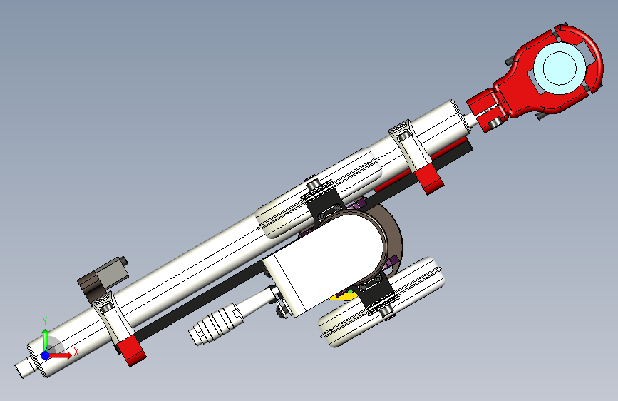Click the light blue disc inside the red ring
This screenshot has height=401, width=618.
[560, 68]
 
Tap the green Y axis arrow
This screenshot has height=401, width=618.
[45, 338]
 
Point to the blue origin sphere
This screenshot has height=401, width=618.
[46, 355]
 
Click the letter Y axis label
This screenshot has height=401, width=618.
[45, 321]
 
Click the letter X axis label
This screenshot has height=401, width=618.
[76, 351]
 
